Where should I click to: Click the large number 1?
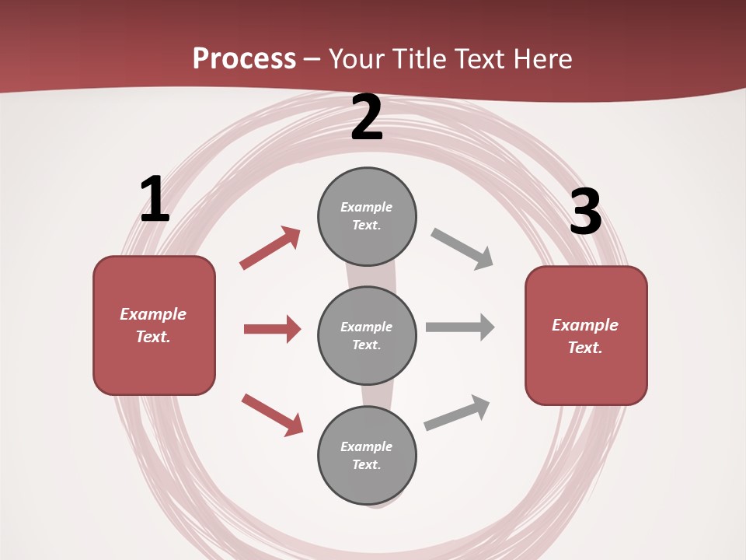click(155, 200)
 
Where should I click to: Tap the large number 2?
click(367, 118)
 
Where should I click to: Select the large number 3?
click(585, 212)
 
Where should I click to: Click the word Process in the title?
click(244, 58)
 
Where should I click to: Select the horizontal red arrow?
click(272, 329)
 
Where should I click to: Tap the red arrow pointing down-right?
click(273, 415)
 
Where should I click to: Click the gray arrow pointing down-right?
click(462, 249)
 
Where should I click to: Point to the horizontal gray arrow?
click(460, 327)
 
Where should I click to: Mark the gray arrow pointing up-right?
click(458, 412)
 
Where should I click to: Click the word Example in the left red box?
click(153, 314)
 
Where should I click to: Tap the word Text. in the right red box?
click(585, 348)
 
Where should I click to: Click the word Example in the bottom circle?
click(367, 446)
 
